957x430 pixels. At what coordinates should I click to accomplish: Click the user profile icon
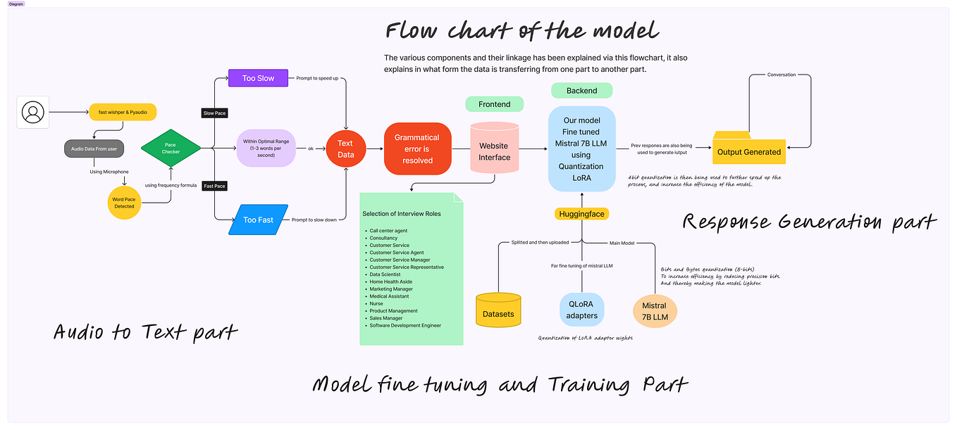(x=33, y=112)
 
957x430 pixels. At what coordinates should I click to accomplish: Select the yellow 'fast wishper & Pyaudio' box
(x=123, y=112)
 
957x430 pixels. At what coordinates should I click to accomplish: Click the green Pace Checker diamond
(x=171, y=148)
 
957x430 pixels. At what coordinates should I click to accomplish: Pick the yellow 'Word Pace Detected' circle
(x=124, y=203)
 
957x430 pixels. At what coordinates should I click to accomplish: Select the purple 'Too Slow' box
(x=259, y=78)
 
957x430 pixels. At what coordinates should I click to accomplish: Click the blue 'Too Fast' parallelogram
(x=259, y=220)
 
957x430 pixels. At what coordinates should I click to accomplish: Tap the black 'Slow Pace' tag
(x=214, y=113)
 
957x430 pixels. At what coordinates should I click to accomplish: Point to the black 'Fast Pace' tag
(x=214, y=186)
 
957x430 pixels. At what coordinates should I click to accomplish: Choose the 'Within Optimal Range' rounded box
(x=266, y=148)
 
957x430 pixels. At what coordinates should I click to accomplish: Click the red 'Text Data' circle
(x=345, y=148)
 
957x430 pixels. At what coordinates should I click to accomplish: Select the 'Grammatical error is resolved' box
(x=416, y=148)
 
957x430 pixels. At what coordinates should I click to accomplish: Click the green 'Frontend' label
(x=494, y=104)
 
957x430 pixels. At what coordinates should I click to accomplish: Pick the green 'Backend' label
(x=581, y=91)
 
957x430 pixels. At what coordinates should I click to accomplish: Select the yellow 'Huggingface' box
(x=581, y=213)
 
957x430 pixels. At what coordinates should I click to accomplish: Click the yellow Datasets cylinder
(x=498, y=310)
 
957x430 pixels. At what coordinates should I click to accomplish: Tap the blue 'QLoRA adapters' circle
(x=581, y=310)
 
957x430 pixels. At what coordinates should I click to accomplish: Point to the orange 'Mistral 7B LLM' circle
(x=654, y=310)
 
